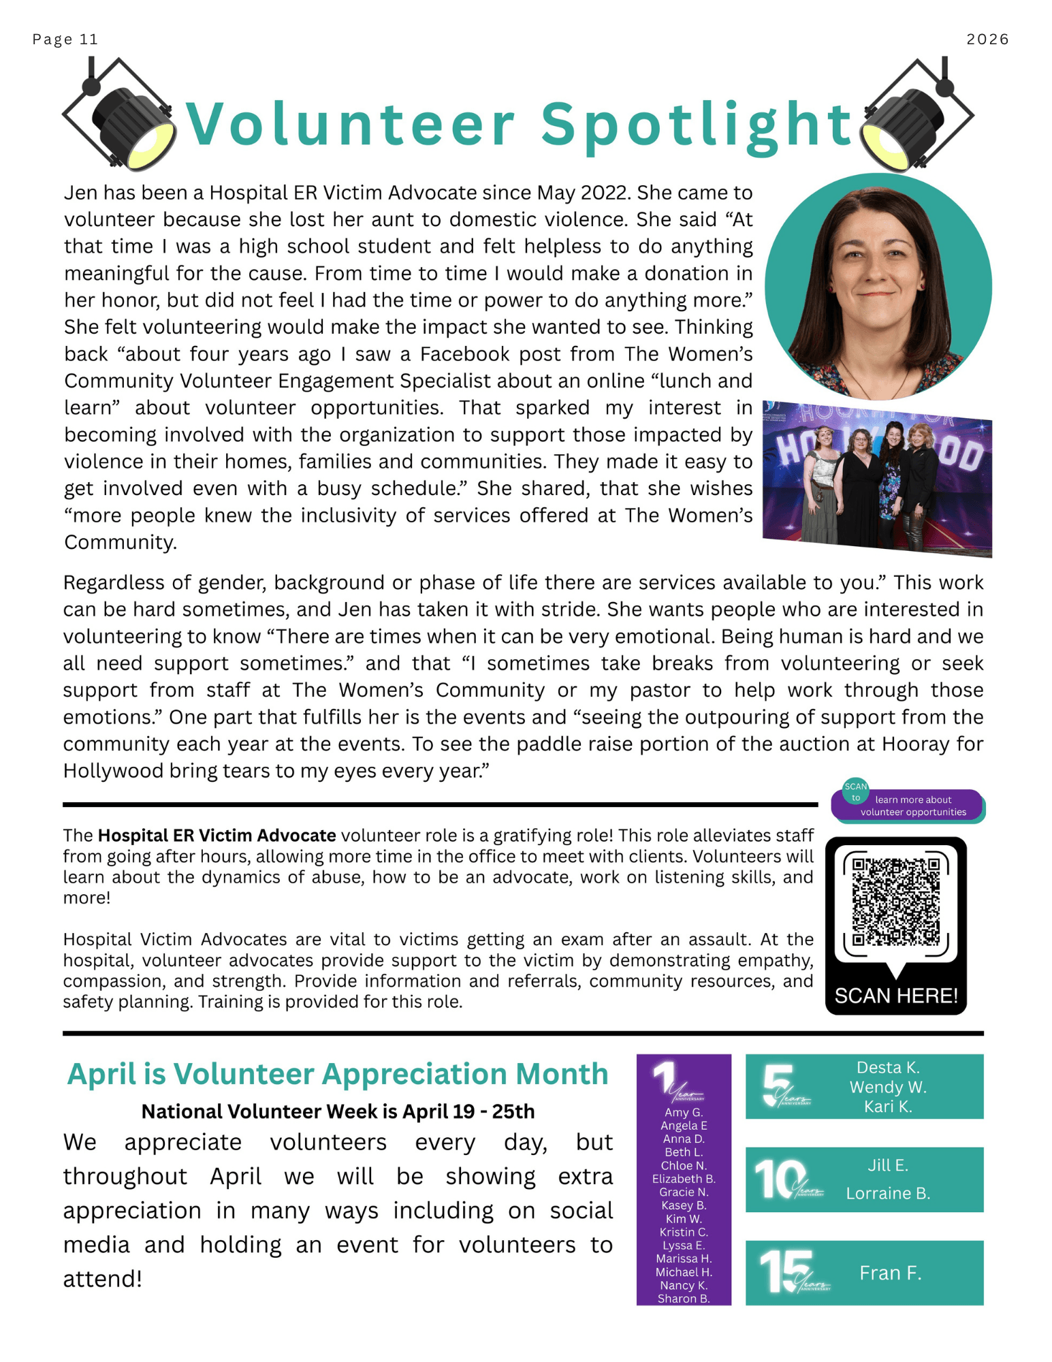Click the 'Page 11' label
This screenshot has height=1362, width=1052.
tap(65, 39)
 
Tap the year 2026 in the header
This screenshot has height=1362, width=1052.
tap(987, 39)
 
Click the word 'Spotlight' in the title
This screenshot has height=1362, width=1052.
tap(696, 125)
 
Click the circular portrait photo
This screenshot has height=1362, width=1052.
tap(878, 287)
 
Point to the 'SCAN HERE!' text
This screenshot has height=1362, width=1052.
tap(895, 996)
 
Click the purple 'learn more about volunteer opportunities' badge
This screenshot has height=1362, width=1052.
tap(912, 806)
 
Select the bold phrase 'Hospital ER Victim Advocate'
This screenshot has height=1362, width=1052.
tap(217, 836)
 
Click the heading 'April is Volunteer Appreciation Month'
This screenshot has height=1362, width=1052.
tap(337, 1074)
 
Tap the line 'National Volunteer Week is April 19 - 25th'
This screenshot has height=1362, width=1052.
tap(338, 1111)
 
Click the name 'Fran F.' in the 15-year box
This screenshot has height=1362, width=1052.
tap(890, 1273)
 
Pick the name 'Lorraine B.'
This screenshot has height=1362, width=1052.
tap(887, 1193)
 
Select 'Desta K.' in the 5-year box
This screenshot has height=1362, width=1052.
tap(887, 1067)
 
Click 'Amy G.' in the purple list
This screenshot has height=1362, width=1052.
tap(684, 1112)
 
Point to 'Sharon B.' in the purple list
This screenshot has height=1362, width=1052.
tap(684, 1298)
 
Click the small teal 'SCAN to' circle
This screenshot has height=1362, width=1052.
tap(855, 791)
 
